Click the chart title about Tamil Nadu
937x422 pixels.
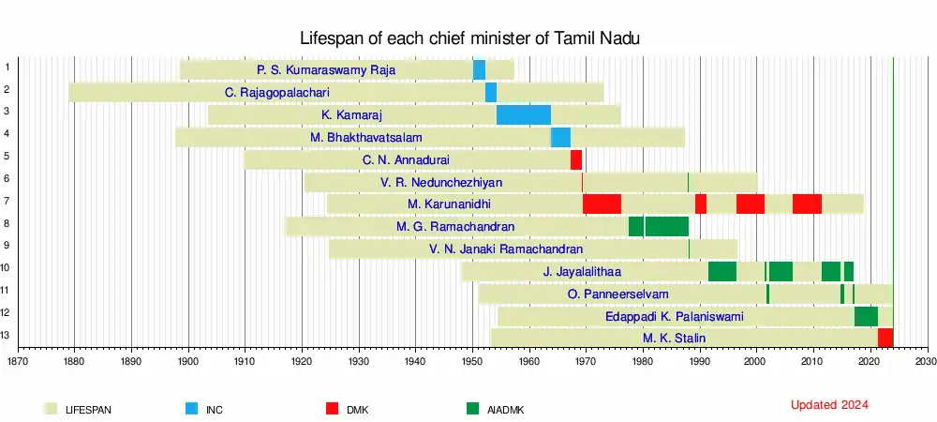tap(468, 38)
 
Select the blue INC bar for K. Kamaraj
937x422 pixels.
tap(523, 114)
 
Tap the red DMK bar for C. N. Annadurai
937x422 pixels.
tap(576, 159)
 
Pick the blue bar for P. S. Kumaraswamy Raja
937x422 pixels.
tap(479, 69)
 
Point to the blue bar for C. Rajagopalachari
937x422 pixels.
tap(490, 92)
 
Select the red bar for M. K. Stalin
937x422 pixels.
tap(885, 338)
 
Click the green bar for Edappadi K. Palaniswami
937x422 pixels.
tap(866, 316)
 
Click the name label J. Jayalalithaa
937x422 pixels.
tap(582, 272)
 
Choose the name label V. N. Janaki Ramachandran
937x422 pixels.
tap(506, 249)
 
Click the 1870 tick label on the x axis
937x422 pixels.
tap(18, 360)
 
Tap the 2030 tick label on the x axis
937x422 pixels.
tap(926, 360)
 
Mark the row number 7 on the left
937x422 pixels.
tap(7, 201)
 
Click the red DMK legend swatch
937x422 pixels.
tap(332, 409)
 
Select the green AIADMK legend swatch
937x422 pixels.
tap(471, 409)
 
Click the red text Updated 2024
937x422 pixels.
tap(829, 405)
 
